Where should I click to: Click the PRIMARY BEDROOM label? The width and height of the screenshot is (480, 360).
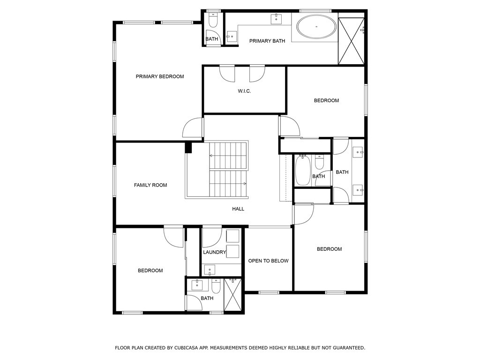[160, 76]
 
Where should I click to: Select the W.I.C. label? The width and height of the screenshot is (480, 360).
[244, 91]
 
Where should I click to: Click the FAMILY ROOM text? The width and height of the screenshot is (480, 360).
[150, 185]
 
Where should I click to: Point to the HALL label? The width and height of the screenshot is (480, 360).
[238, 209]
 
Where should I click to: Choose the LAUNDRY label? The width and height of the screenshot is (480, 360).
[215, 252]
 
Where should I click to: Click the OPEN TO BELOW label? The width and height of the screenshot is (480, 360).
[268, 261]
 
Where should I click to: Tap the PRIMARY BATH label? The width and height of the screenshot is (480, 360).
[267, 41]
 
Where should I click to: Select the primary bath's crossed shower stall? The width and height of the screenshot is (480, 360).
[351, 40]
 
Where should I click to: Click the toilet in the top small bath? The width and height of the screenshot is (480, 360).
[212, 20]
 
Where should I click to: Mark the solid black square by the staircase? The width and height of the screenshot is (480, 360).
[188, 148]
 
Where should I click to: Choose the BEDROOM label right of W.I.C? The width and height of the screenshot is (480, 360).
[326, 100]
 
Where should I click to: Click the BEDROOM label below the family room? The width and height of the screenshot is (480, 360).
[150, 270]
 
